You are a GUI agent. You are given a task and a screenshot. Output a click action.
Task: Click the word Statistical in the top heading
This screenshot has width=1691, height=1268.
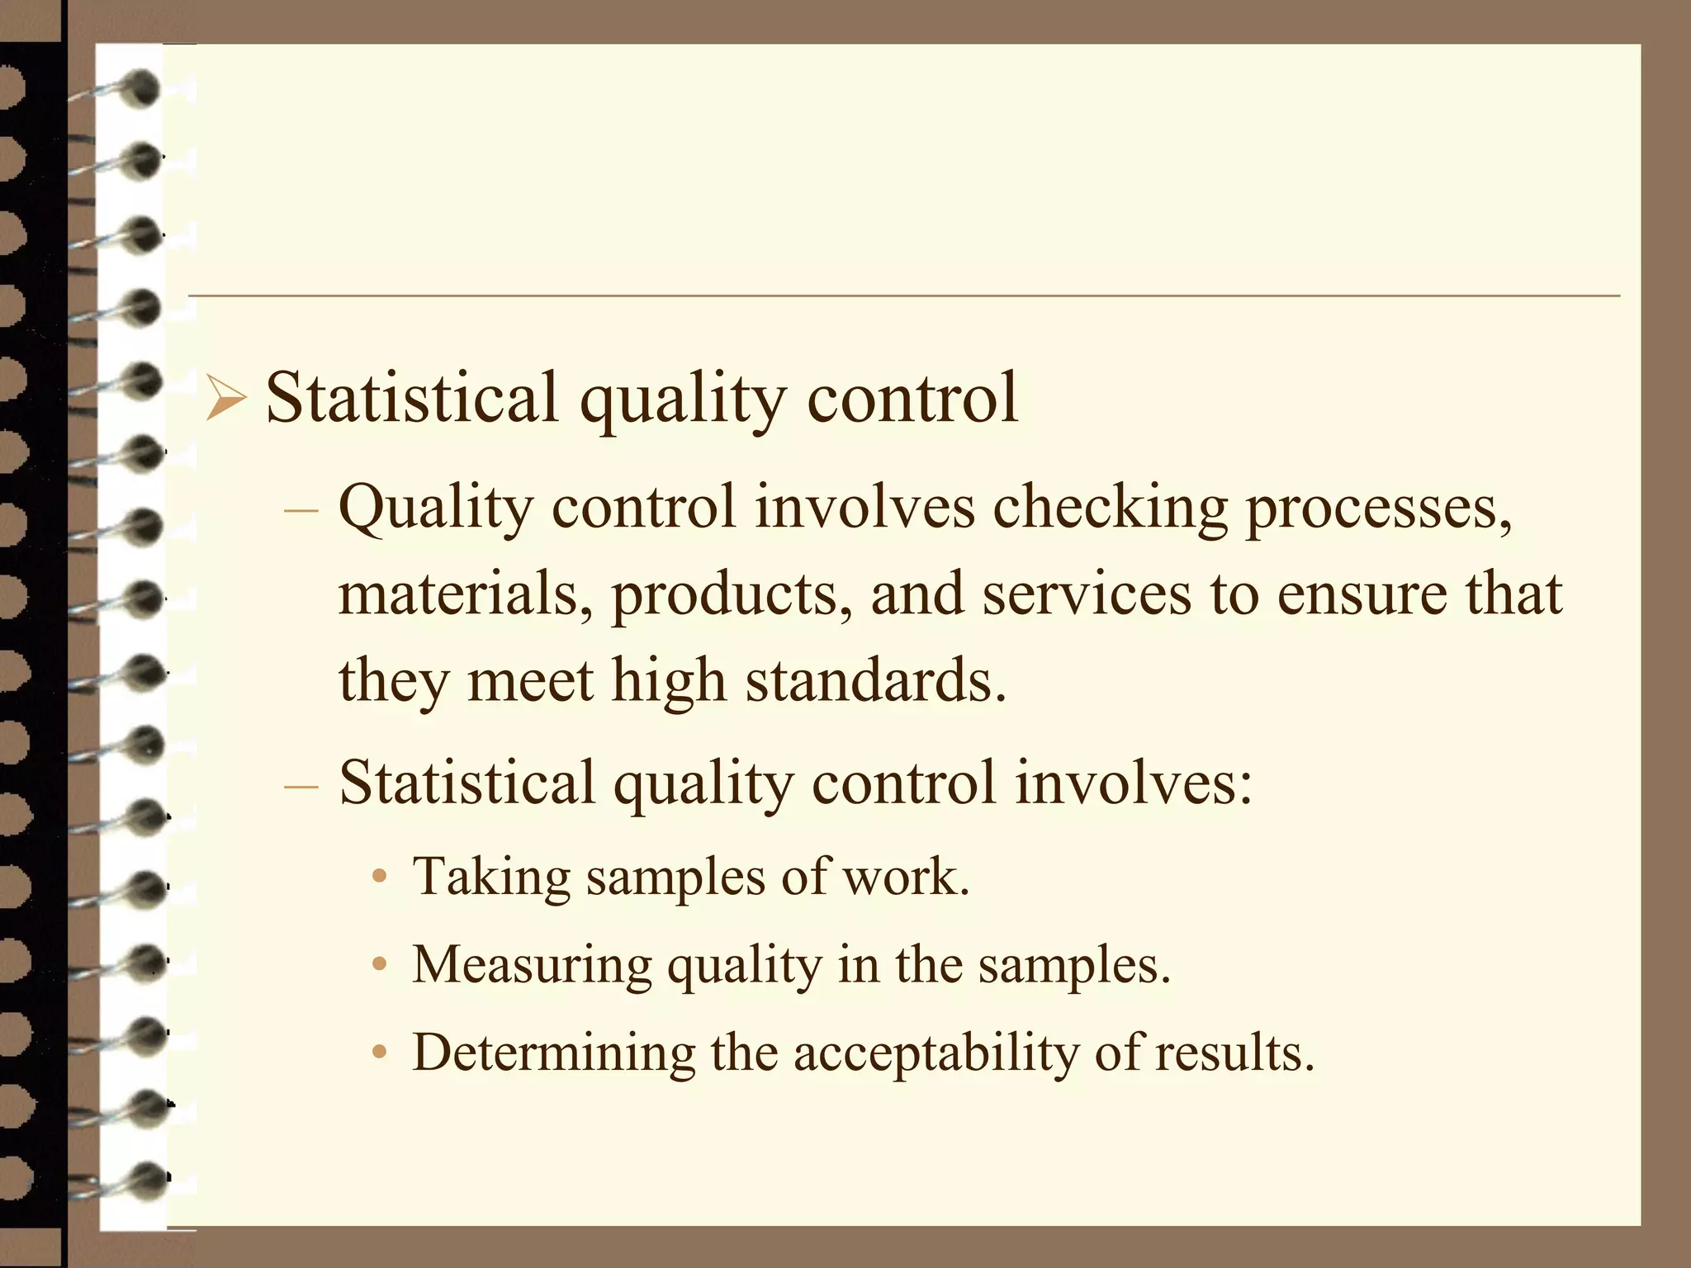tap(411, 398)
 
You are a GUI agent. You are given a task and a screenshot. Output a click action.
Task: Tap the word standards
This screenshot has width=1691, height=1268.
tap(876, 680)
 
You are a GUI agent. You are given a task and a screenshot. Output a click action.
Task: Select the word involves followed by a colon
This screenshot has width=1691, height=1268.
tap(1134, 782)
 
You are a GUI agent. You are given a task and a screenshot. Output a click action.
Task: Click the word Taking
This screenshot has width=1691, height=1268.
tap(491, 876)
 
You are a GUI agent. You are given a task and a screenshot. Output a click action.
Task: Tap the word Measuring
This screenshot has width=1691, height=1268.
tap(532, 964)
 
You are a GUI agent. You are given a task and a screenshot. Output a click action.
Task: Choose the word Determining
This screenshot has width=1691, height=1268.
tap(553, 1053)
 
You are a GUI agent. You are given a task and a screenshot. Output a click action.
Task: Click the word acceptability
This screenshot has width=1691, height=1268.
tap(935, 1053)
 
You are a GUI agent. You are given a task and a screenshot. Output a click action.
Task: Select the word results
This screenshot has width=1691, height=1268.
tap(1234, 1053)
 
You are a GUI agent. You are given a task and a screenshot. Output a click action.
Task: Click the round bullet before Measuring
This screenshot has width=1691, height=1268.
tap(380, 964)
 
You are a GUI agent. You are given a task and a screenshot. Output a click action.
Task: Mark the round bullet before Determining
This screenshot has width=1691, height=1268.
tap(380, 1053)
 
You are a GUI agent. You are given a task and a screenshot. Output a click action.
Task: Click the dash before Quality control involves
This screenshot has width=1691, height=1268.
tap(301, 509)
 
